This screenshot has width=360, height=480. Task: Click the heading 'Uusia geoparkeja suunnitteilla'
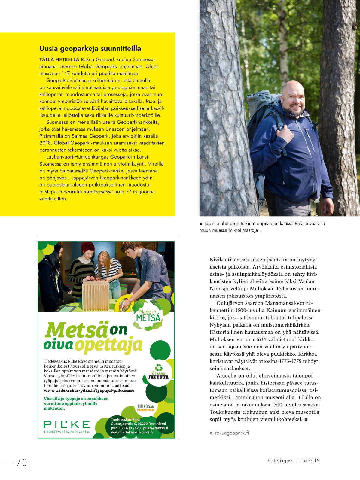[x=90, y=49]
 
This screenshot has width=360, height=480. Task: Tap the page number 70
[x=22, y=462]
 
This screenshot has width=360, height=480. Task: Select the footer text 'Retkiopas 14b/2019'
[x=294, y=460]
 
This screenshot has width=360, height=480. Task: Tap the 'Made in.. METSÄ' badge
[x=148, y=315]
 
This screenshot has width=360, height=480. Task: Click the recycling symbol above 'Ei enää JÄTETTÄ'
[x=158, y=367]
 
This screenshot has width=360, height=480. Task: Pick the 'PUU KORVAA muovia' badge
[x=146, y=408]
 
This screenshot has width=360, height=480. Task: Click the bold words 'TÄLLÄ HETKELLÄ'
[x=59, y=59]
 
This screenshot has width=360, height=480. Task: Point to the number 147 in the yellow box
[x=66, y=73]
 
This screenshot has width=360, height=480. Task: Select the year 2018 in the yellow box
[x=45, y=143]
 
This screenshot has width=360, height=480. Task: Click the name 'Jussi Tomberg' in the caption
[x=218, y=224]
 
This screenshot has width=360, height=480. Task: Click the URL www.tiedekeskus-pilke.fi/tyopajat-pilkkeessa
[x=89, y=390]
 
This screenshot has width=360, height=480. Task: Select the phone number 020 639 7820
[x=130, y=428]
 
